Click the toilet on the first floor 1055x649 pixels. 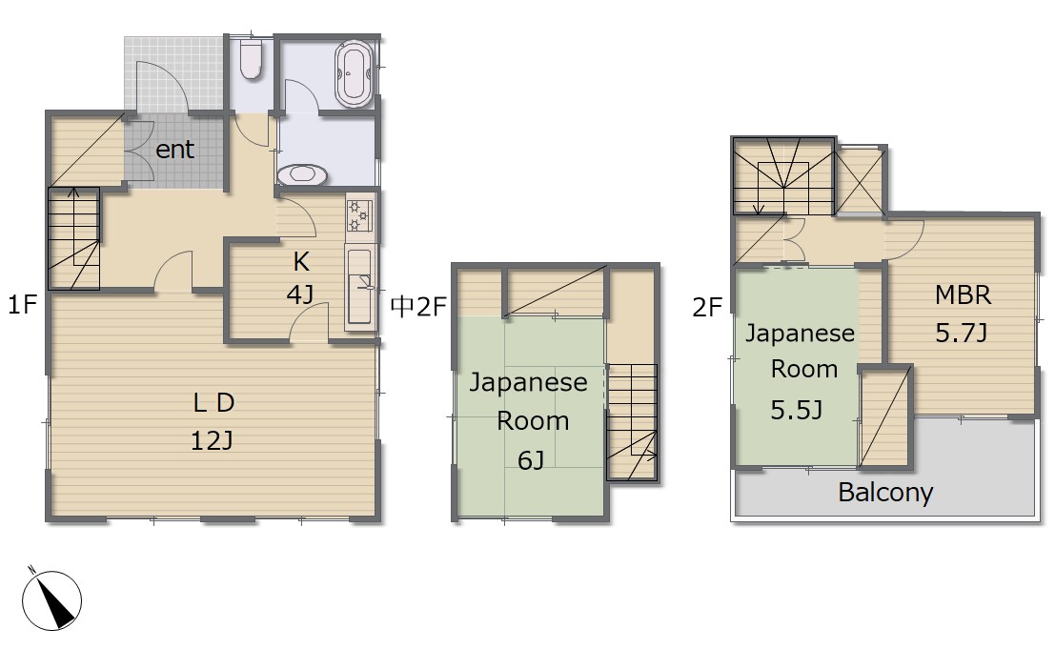(251, 60)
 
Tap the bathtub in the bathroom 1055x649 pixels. (354, 74)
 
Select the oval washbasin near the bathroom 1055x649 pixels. (302, 174)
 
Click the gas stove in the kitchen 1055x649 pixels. (358, 214)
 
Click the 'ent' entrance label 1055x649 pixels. (175, 150)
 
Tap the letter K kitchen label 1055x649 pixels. (301, 262)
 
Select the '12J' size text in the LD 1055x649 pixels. (212, 441)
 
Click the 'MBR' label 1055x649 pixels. (963, 294)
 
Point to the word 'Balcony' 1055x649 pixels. (885, 493)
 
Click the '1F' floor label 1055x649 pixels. (22, 305)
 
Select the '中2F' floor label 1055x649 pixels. (418, 307)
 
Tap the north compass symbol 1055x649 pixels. (51, 599)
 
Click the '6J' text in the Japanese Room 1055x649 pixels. (531, 460)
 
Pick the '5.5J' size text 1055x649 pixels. (797, 410)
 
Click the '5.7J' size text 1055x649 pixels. (962, 333)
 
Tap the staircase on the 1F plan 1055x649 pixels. (74, 239)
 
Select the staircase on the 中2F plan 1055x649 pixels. (632, 421)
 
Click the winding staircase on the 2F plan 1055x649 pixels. (783, 176)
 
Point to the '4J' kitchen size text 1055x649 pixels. (300, 294)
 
